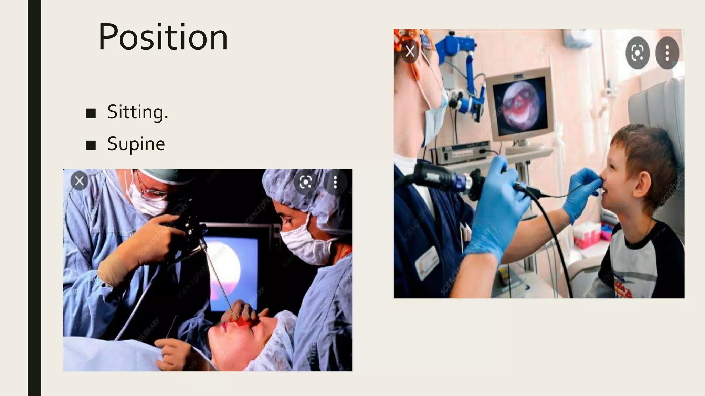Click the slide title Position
[x=163, y=37]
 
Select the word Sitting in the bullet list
[x=137, y=112]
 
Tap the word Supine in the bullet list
[x=136, y=144]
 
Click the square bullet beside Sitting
[x=91, y=113]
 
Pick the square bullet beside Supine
[x=91, y=145]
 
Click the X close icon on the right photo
[x=410, y=52]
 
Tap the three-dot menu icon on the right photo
[x=667, y=53]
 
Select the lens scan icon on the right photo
[x=637, y=53]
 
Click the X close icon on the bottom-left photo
[x=79, y=181]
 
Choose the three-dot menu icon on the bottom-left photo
[x=335, y=182]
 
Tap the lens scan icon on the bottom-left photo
[x=305, y=182]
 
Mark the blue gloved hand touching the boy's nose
[x=583, y=192]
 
